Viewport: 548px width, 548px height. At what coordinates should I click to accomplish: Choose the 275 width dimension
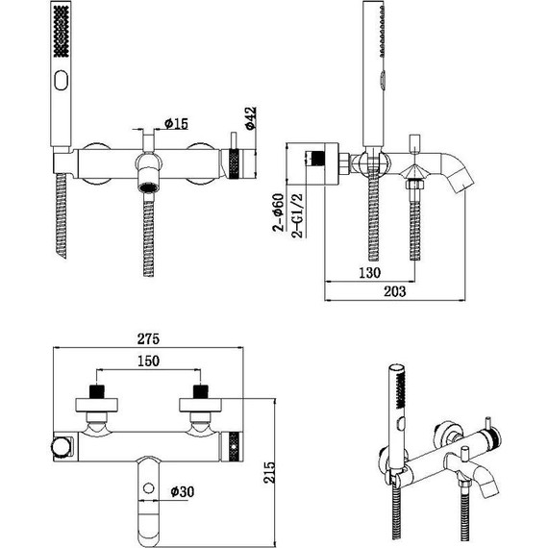tap(146, 340)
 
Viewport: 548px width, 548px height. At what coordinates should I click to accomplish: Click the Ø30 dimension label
tap(183, 492)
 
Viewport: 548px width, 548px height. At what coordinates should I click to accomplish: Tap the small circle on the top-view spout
tap(149, 491)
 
